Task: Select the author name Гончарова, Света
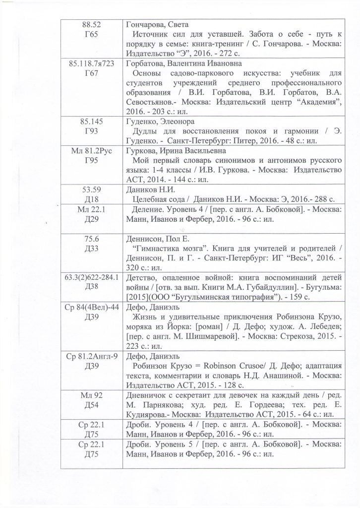click(x=157, y=25)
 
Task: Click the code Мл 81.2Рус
click(x=91, y=151)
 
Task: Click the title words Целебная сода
click(x=157, y=199)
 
